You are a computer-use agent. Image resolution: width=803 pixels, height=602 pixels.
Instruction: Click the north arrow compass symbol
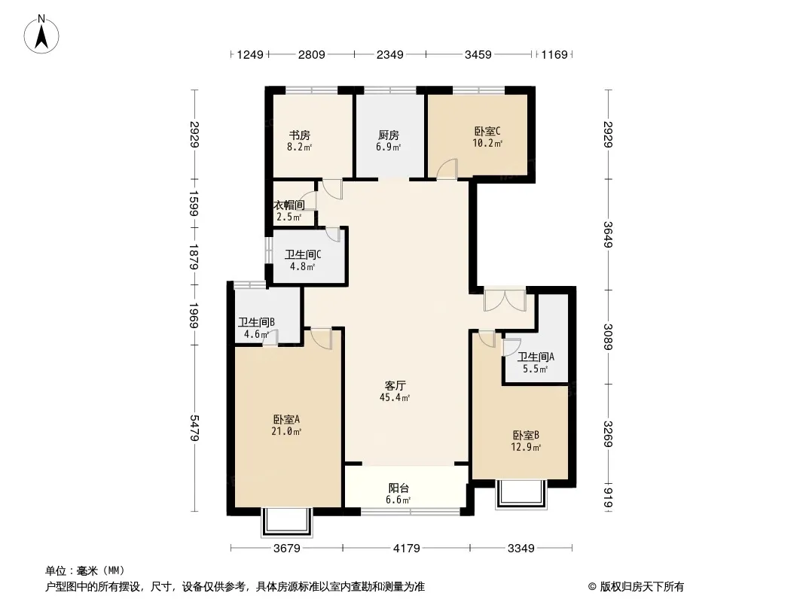[x=41, y=35]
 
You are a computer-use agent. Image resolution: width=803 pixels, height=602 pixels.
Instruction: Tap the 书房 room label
[x=300, y=135]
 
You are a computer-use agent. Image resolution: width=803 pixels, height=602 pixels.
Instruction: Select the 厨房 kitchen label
[x=388, y=135]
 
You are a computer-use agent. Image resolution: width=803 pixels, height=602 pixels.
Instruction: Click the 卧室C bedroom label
[x=487, y=131]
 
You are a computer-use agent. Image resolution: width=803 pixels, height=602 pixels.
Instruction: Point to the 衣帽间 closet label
[x=289, y=205]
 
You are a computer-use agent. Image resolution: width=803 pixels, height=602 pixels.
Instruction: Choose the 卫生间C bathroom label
[x=303, y=254]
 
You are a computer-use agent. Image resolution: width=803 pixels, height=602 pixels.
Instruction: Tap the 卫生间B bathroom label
[x=256, y=322]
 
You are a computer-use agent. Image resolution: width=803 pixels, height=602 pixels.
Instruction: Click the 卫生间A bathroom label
[x=535, y=357]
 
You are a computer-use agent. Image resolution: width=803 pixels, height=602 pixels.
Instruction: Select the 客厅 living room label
[x=395, y=385]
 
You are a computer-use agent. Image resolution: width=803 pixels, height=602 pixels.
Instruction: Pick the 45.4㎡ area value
[x=394, y=397]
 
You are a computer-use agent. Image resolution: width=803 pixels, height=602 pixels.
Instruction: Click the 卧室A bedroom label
[x=286, y=419]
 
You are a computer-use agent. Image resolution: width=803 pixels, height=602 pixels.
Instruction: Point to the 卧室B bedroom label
[x=526, y=435]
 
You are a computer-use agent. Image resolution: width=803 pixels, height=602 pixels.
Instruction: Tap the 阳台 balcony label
[x=398, y=488]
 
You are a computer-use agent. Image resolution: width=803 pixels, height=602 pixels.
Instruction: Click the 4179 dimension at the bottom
[x=406, y=549]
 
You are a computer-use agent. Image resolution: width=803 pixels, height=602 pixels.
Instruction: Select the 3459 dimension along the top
[x=478, y=54]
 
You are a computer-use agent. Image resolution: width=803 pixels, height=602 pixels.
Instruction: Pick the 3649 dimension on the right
[x=608, y=234]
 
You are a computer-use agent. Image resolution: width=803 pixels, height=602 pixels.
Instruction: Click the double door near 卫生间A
[x=505, y=299]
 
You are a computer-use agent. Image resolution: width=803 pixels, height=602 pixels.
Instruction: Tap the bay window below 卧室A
[x=287, y=521]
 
